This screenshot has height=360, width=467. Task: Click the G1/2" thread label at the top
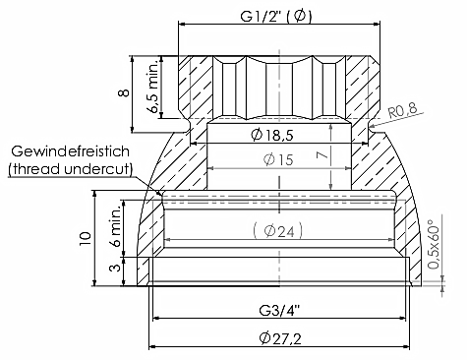click(x=276, y=16)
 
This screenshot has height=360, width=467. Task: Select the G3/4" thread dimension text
click(x=279, y=310)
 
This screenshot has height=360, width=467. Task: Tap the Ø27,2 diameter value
click(x=280, y=338)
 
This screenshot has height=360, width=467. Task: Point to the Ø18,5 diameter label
click(x=271, y=135)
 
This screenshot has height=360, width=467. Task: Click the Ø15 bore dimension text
click(x=278, y=159)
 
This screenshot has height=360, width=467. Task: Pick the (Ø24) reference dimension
click(x=278, y=231)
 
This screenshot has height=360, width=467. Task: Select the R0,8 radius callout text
click(x=403, y=111)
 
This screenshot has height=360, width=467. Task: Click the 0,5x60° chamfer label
click(x=434, y=244)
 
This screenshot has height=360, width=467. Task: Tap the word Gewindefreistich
click(x=71, y=151)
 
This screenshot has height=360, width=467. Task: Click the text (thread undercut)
click(x=71, y=169)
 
